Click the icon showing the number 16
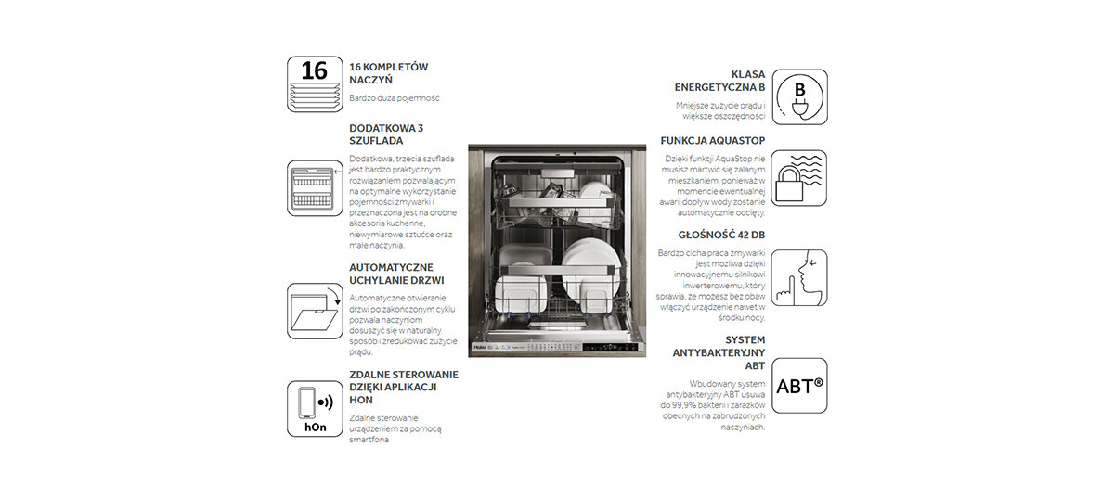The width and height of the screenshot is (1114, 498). [x=314, y=83]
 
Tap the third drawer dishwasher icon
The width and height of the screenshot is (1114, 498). [x=314, y=188]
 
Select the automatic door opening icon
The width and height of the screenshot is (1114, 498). [x=314, y=311]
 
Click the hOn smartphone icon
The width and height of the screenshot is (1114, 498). [x=314, y=408]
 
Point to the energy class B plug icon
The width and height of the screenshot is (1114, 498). [x=798, y=97]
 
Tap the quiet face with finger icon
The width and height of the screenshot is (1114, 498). [x=798, y=278]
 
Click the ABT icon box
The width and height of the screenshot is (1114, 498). [x=798, y=386]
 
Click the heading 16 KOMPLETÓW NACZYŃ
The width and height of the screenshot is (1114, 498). [x=388, y=74]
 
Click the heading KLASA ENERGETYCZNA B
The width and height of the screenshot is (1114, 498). [x=720, y=80]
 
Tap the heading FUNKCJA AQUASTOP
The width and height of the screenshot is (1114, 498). [x=713, y=140]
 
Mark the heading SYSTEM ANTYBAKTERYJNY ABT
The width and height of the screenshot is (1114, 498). [x=719, y=352]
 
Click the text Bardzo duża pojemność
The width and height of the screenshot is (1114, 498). [x=394, y=98]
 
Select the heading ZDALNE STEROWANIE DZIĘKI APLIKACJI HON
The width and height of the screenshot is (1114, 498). [x=403, y=387]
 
